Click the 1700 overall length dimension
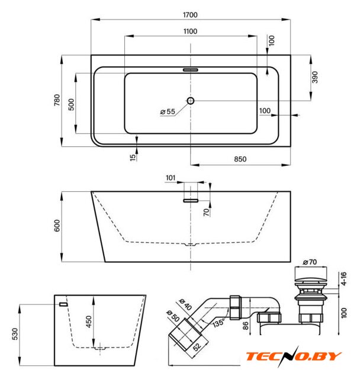click(190, 15)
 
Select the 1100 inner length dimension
click(190, 31)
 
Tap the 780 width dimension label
click(57, 100)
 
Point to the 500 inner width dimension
click(71, 104)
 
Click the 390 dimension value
click(315, 77)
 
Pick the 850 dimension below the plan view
click(240, 159)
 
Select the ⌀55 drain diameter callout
click(168, 112)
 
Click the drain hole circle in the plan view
click(191, 101)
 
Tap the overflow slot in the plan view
click(191, 70)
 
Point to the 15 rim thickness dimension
click(133, 158)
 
